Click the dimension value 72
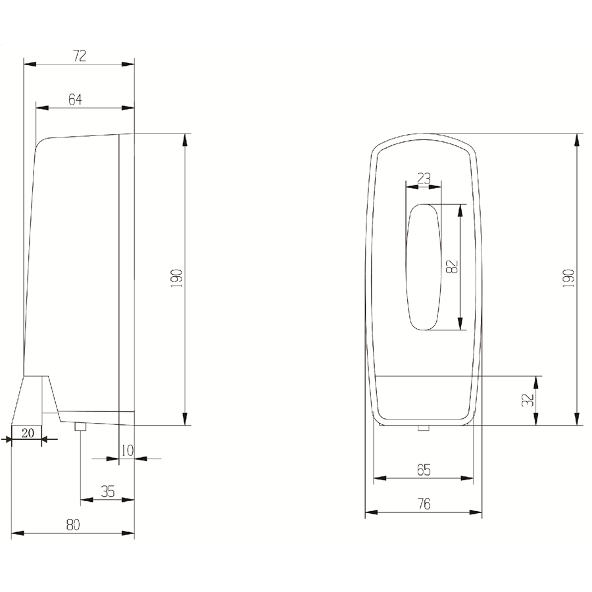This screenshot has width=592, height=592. click(80, 56)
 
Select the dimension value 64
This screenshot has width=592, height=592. click(75, 99)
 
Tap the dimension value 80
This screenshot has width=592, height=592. click(73, 525)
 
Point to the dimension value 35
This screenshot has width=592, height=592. click(108, 491)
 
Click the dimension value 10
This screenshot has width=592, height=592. click(128, 451)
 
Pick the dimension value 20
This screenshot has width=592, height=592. click(28, 433)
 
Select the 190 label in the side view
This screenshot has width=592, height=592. click(177, 279)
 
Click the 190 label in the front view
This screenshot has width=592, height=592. click(568, 279)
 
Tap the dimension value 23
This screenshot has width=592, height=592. click(424, 178)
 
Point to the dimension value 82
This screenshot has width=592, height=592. click(452, 266)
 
